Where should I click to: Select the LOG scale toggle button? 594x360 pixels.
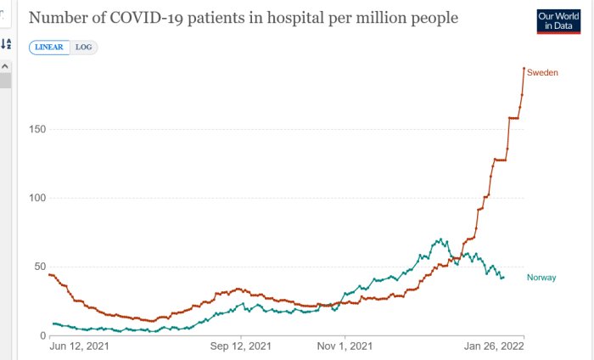click(x=84, y=47)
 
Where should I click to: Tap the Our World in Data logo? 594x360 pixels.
click(x=558, y=21)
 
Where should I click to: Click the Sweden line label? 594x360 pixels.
click(x=542, y=73)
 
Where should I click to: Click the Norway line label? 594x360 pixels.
click(x=541, y=278)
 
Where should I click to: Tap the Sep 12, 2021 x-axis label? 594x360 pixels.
click(x=241, y=346)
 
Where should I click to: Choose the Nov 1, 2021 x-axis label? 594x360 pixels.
click(x=344, y=346)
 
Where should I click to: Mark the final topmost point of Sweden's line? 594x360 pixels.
click(x=524, y=69)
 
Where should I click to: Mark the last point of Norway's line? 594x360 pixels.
click(x=503, y=277)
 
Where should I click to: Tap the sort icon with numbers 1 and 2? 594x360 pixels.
click(x=6, y=43)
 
